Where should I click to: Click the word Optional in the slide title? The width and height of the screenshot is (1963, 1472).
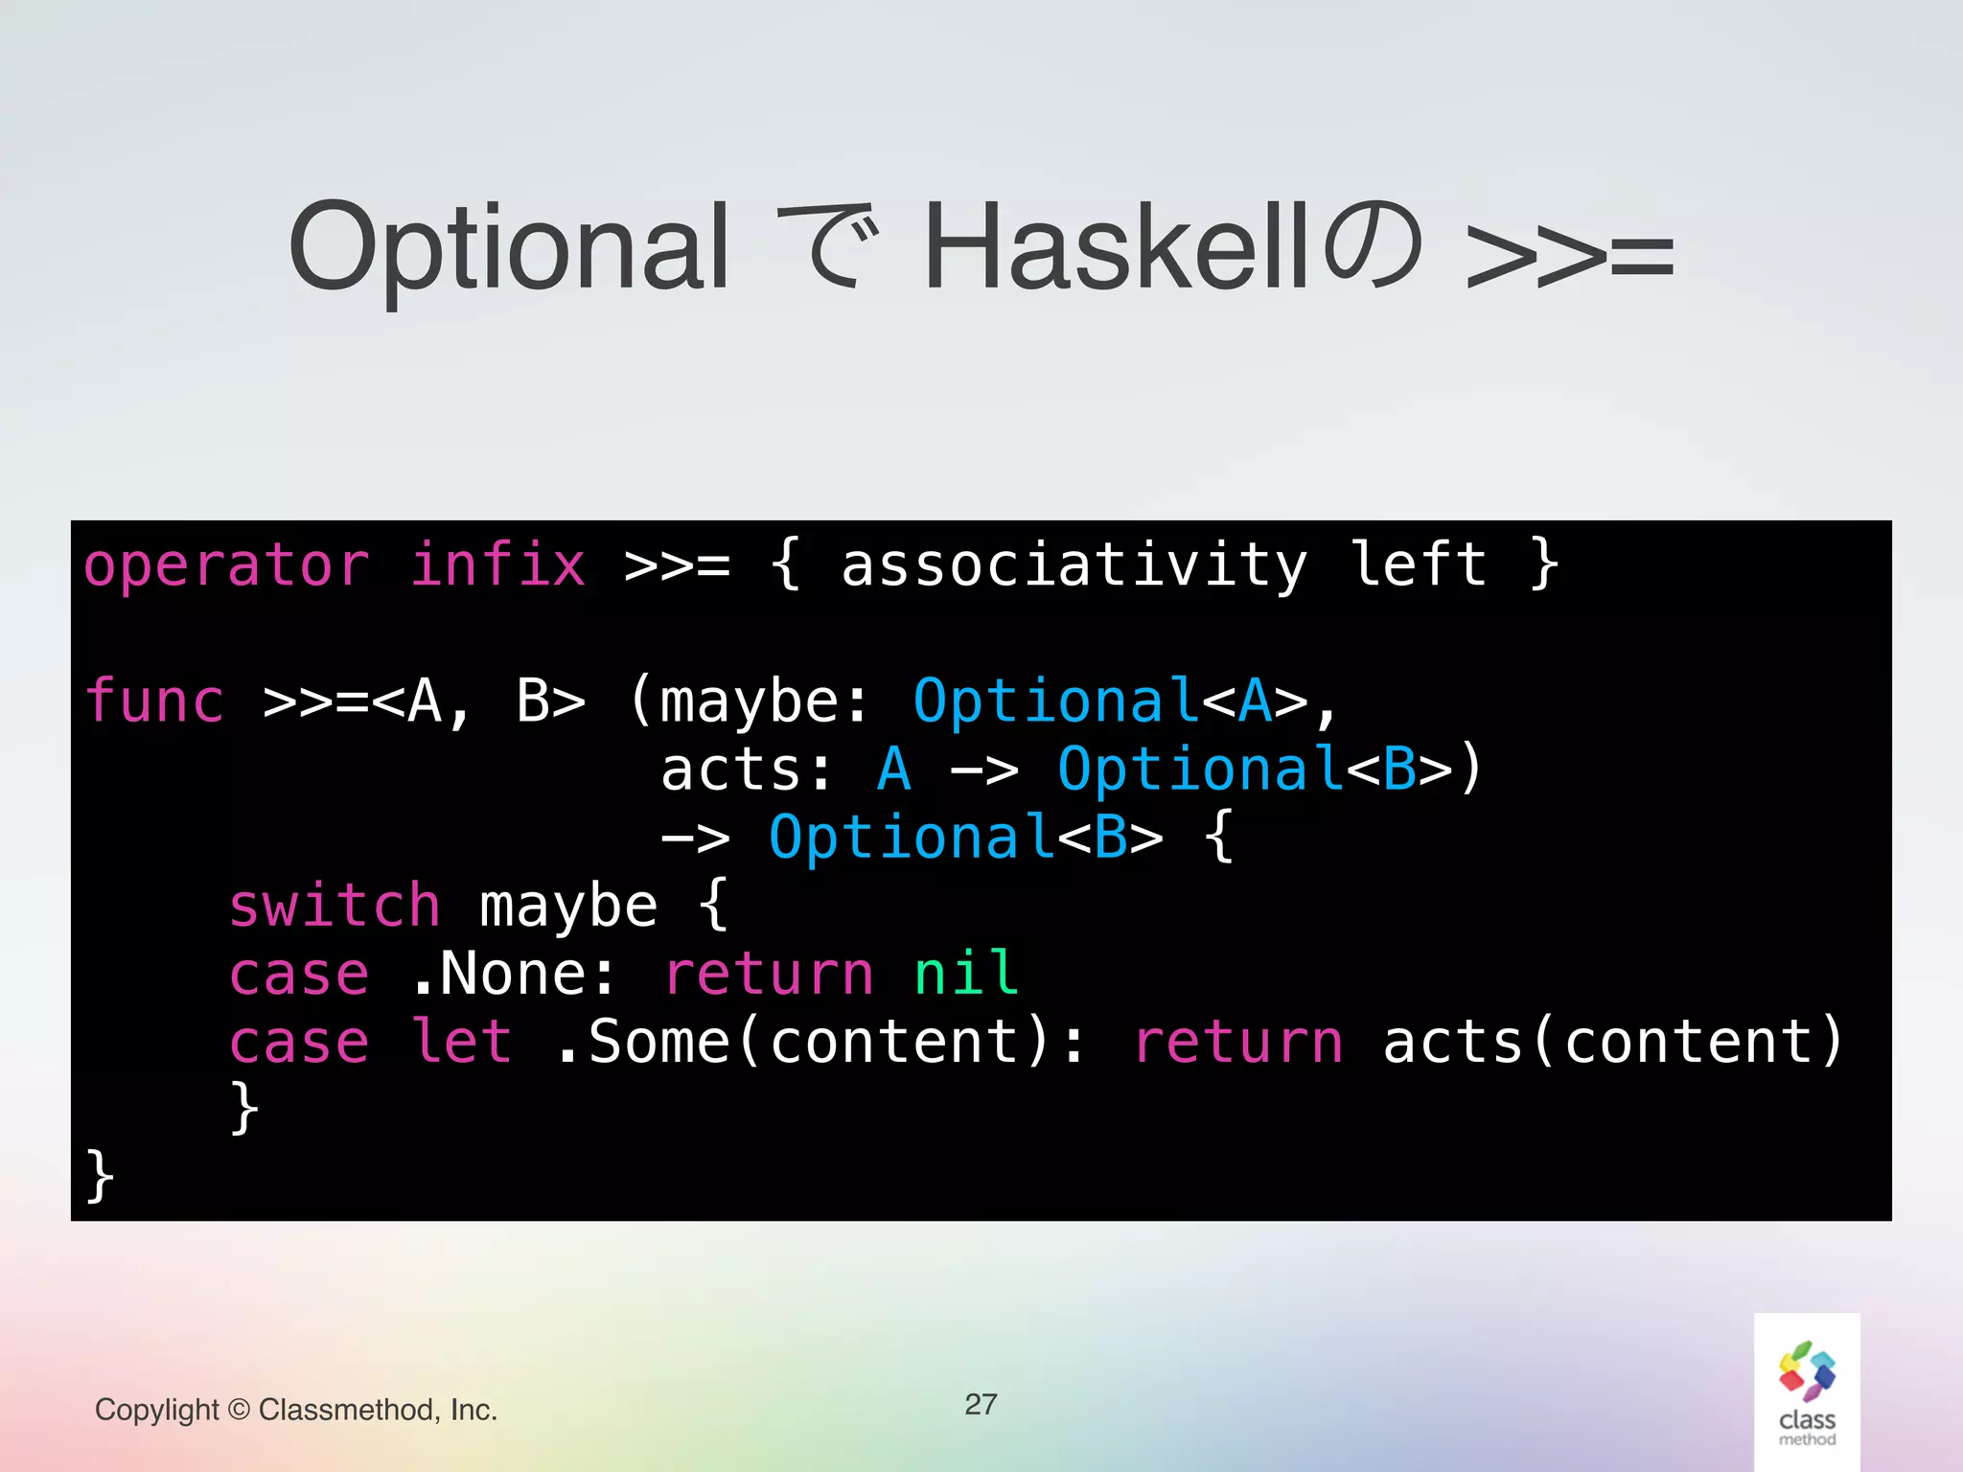508,247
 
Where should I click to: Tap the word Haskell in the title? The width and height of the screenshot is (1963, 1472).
1117,247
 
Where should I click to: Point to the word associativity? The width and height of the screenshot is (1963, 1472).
1074,565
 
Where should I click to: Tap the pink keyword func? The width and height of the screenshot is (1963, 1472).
154,701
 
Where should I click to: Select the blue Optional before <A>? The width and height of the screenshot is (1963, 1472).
1055,702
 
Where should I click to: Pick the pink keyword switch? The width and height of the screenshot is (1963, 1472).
335,906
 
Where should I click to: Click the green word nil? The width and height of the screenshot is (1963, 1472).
966,974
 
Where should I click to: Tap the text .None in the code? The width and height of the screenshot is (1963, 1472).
498,974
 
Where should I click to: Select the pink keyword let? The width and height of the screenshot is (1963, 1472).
461,1042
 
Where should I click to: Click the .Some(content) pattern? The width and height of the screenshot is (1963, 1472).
805,1042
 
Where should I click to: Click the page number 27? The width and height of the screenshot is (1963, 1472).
981,1405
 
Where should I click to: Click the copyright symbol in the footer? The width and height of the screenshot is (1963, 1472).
240,1411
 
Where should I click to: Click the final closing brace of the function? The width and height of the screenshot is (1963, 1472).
100,1176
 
